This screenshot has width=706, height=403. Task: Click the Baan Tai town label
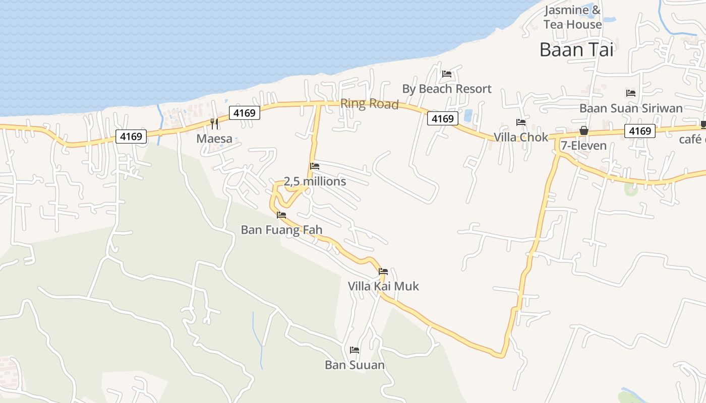576,49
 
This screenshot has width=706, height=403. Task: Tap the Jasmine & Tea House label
573,17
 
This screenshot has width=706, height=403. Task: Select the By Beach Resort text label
446,89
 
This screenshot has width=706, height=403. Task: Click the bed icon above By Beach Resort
446,74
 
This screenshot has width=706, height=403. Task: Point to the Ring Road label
369,104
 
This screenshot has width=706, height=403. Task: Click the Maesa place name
214,139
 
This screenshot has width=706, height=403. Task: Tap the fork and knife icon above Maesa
214,123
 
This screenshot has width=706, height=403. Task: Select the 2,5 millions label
315,181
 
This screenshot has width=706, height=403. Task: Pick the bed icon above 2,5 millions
315,166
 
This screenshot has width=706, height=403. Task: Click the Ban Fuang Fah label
281,230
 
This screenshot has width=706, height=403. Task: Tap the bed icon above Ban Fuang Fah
281,215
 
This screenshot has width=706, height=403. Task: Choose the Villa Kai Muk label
383,286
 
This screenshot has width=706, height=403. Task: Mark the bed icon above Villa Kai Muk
383,272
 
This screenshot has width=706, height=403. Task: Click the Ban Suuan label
355,365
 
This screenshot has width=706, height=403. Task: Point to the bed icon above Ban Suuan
355,350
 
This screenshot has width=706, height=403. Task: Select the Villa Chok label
520,137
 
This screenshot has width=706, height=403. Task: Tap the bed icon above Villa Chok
520,122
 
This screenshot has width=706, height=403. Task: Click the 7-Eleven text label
584,146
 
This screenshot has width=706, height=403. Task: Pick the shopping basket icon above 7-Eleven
584,130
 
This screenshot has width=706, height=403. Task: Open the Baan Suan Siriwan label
631,108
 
